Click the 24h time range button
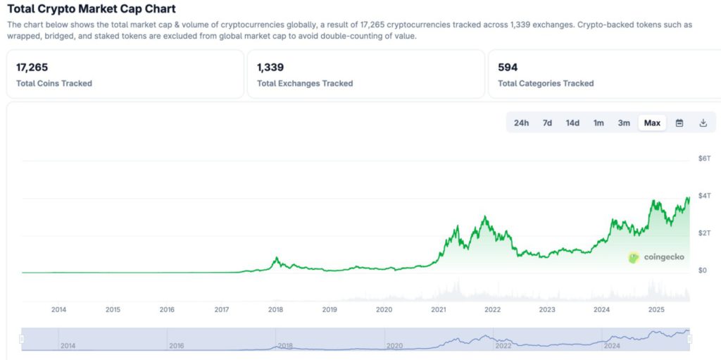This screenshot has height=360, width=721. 521,123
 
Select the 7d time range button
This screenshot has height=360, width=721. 547,123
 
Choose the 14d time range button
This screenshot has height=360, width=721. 572,123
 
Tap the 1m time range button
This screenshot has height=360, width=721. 598,123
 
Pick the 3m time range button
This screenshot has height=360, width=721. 624,123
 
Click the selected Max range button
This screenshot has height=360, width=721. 652,123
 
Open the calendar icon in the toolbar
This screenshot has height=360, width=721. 679,123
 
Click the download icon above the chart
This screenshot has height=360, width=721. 703,123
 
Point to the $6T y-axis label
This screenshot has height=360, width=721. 704,159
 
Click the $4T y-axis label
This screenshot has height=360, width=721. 704,195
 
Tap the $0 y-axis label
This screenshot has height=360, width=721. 702,270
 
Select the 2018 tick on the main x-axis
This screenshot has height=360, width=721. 275,309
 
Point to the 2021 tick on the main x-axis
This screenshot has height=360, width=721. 438,309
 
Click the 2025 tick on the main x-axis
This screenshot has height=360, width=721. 656,309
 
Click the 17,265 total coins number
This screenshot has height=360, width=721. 32,67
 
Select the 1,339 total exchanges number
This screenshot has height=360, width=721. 270,67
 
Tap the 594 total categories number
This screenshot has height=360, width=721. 508,67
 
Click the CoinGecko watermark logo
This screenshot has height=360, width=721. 656,257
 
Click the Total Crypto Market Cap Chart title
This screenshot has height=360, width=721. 92,9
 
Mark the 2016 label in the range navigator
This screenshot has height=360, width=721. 177,346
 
